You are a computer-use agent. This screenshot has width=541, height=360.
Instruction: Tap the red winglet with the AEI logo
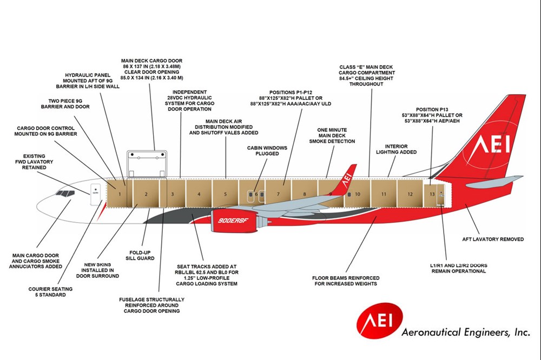[x=347, y=179]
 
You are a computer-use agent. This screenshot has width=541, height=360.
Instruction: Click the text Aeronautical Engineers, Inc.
[x=465, y=332]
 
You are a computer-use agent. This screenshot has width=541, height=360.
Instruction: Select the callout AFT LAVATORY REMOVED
[x=492, y=239]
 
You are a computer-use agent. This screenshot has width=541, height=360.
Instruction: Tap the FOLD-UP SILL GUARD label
[x=141, y=255]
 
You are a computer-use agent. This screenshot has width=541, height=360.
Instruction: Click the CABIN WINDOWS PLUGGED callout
[x=267, y=151]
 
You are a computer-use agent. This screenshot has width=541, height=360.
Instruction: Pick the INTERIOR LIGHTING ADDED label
[x=400, y=149]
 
